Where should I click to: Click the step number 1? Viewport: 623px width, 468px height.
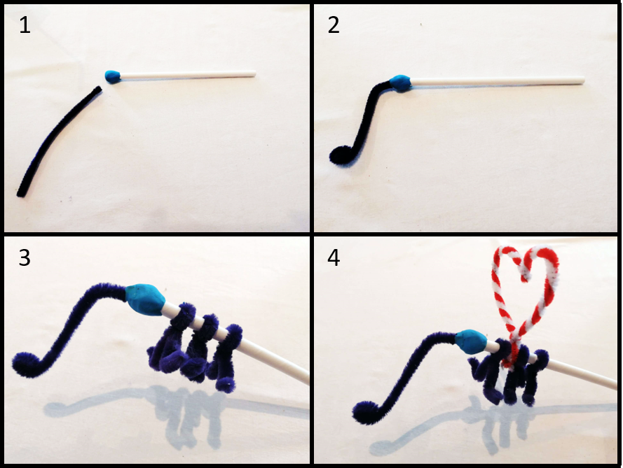[x=25, y=25]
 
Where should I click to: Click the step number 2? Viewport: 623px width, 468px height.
[x=334, y=25]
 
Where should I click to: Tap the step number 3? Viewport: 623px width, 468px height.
[x=25, y=258]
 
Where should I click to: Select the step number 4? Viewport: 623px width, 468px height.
[x=334, y=258]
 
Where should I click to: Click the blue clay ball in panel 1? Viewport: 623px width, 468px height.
[x=112, y=76]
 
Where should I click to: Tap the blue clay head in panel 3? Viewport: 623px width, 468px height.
[x=144, y=300]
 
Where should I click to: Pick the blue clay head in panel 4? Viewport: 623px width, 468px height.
[x=471, y=340]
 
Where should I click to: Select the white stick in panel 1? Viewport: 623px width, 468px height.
[x=188, y=74]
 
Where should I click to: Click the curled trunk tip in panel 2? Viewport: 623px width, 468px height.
[x=341, y=155]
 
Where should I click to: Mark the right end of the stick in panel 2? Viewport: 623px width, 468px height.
[x=583, y=80]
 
